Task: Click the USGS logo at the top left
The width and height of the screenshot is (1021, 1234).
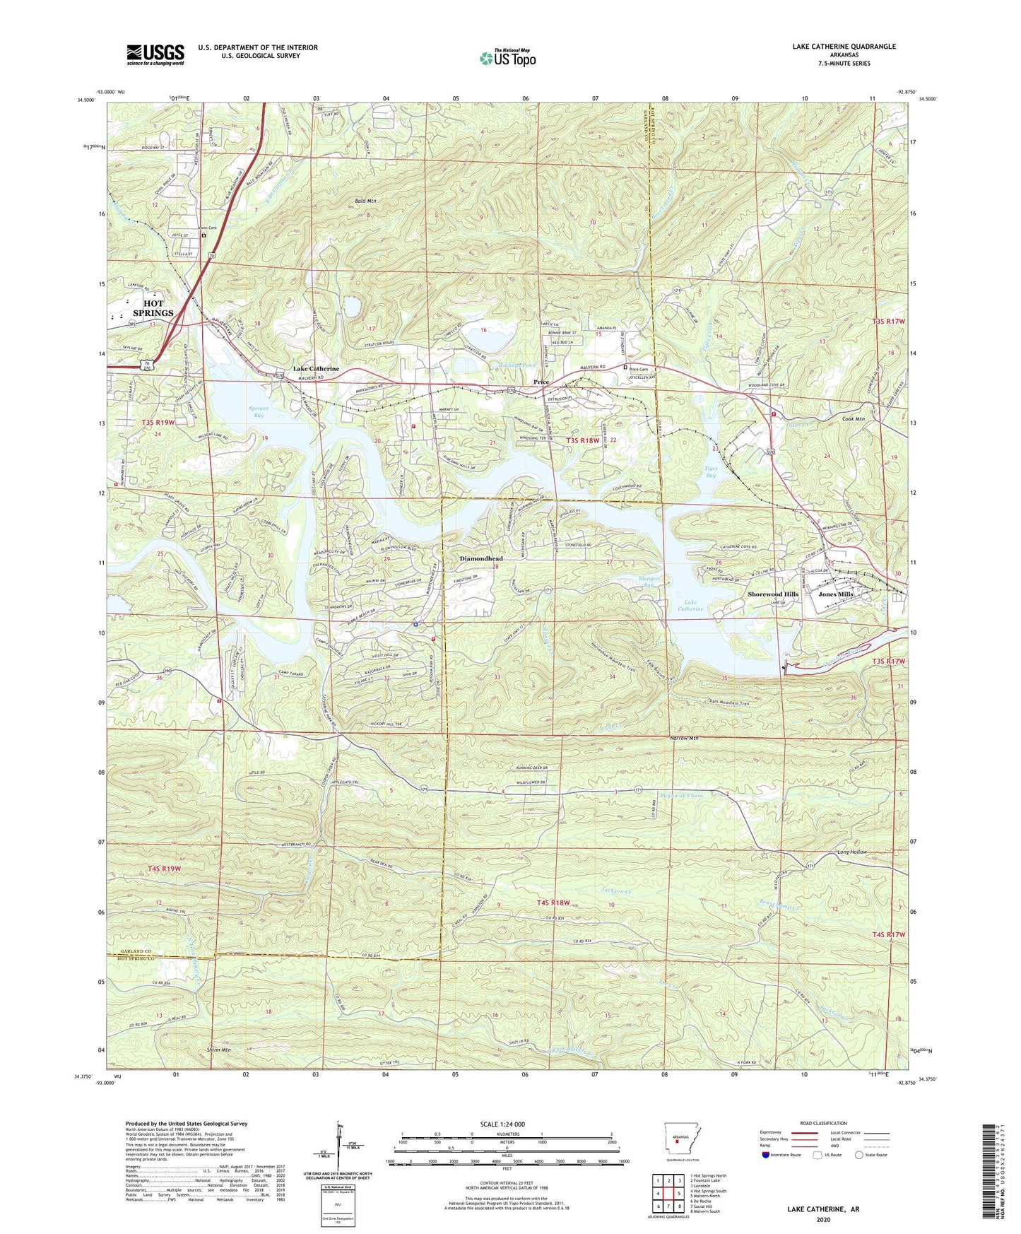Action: (155, 54)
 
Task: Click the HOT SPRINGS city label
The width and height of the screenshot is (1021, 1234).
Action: (153, 308)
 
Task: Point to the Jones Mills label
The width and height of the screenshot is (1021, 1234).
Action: (836, 594)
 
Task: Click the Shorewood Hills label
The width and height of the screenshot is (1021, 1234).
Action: (773, 594)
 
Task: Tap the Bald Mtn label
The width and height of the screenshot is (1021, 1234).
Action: (365, 201)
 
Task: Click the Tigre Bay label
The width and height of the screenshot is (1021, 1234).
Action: (716, 472)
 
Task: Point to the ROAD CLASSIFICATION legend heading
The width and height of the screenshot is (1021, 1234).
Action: (822, 1123)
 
